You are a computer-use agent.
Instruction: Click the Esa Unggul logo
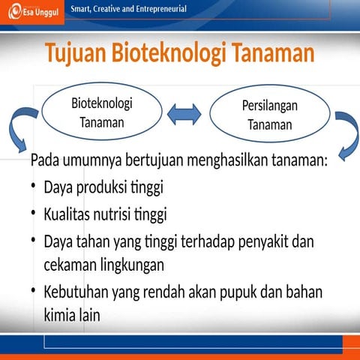(x=33, y=13)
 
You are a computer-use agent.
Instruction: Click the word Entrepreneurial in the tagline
(x=161, y=9)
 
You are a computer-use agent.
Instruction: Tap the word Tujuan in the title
(x=76, y=53)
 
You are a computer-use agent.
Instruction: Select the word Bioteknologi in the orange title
(x=169, y=53)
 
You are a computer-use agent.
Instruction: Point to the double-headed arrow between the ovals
(x=184, y=114)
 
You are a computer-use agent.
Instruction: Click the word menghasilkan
(x=228, y=160)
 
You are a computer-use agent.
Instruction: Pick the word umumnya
(x=92, y=160)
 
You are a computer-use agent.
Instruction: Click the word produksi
(x=101, y=187)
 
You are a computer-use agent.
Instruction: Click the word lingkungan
(x=132, y=265)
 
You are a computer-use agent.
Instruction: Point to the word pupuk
(x=238, y=292)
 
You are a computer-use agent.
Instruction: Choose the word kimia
(x=60, y=314)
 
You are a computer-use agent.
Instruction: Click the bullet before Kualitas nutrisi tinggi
(x=34, y=213)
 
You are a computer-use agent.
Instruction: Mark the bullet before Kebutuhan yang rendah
(x=34, y=290)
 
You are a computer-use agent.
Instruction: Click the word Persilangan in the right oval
(x=270, y=106)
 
